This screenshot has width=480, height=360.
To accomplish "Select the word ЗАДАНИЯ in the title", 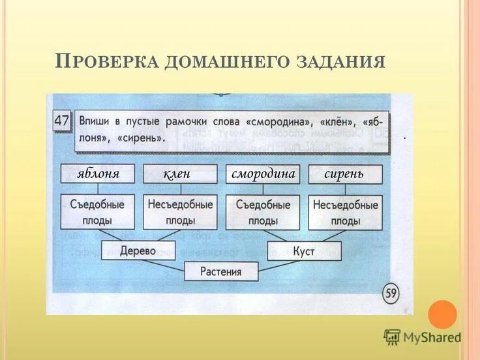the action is tap(338, 62).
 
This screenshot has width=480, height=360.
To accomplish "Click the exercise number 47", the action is tap(61, 121).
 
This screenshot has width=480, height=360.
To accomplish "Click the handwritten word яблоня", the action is tap(98, 174).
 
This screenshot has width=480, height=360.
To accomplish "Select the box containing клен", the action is tap(181, 174).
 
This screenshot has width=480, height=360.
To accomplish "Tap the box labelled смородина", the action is tap(263, 174).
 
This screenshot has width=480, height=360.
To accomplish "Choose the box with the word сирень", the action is tap(345, 174).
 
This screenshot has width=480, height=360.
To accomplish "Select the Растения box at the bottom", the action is tap(221, 271).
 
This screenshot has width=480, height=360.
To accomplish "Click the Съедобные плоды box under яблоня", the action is tap(98, 212).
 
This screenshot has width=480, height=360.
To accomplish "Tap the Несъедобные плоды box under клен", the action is tap(181, 212).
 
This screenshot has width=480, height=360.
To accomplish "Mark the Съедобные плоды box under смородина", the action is tap(263, 212).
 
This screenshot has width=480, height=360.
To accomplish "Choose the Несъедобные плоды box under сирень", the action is tap(345, 212).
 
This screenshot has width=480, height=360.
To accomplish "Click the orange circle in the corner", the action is tap(442, 314).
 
